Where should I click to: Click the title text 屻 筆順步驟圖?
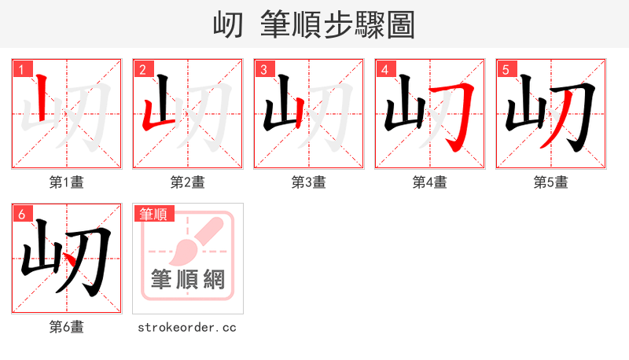coord(314,24)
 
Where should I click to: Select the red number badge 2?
coord(143,70)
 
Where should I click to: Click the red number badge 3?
coord(264,70)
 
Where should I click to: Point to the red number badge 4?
coord(385,70)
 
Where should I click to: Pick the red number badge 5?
coord(506,70)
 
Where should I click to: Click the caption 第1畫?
coord(67,182)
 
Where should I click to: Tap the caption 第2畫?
coord(188,182)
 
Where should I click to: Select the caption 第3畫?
coord(309,182)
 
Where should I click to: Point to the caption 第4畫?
coord(430,182)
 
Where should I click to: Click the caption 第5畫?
coord(550,182)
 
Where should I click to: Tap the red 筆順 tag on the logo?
coord(154,214)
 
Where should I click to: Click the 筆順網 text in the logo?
coord(188,279)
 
